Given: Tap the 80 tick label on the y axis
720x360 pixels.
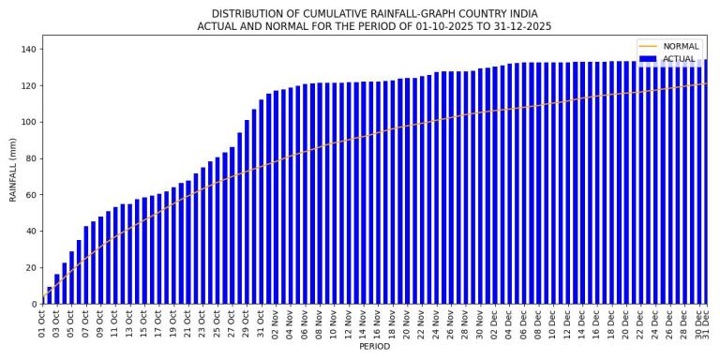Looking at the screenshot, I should coord(29,158).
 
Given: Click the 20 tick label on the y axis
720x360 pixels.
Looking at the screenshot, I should coord(29,268).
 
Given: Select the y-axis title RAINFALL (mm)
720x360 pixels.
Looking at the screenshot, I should coord(13,170).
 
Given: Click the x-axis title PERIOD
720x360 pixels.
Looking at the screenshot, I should coord(373,347).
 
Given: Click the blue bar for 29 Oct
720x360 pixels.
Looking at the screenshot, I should coord(247,216).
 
